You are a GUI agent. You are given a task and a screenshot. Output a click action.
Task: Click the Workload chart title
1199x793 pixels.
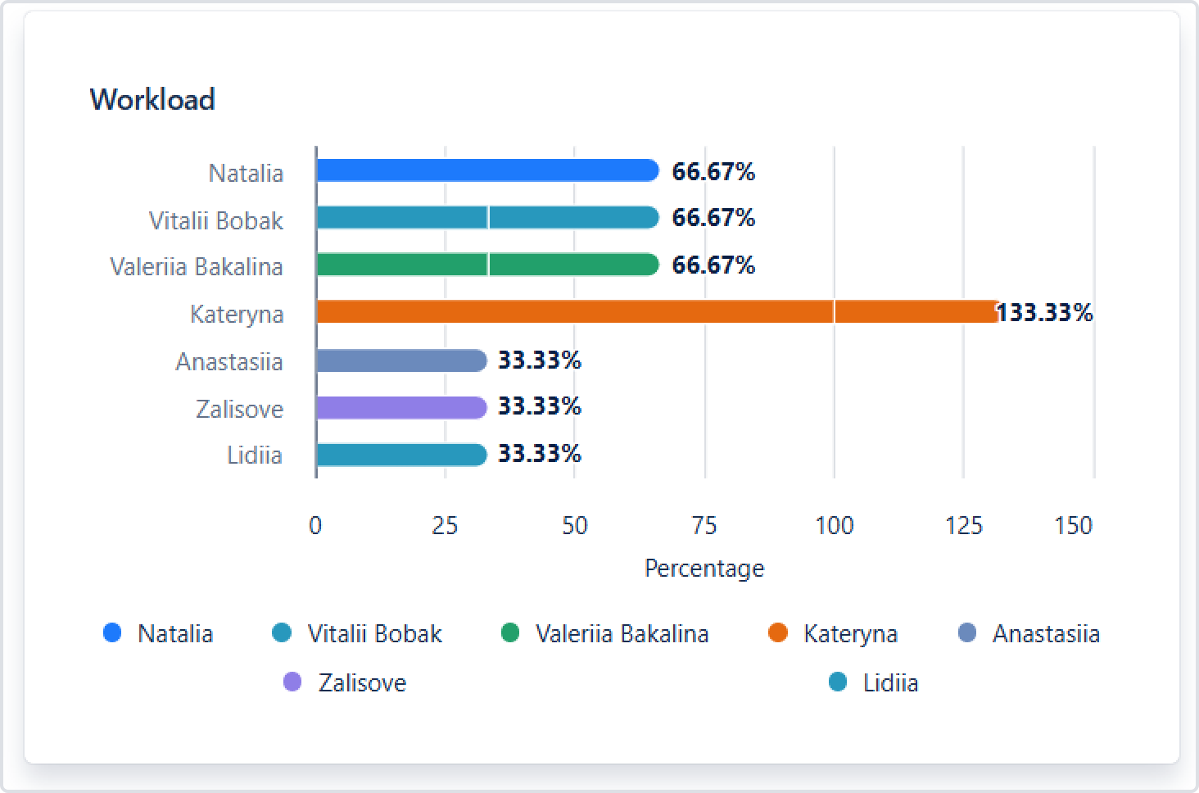pos(152,100)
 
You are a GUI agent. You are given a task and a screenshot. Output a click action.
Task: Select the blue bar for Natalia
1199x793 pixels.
pos(486,170)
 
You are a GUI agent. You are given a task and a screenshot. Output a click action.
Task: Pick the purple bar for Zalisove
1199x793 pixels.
pos(401,407)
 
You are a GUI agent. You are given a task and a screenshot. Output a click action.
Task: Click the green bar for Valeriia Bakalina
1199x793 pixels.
pos(486,265)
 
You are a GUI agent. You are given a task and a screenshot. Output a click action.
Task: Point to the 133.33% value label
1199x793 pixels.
pos(1045,313)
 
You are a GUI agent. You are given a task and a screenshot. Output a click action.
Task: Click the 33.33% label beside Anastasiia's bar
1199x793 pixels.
pos(540,360)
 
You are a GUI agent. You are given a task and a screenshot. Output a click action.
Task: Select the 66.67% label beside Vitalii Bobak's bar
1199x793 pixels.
pos(713,218)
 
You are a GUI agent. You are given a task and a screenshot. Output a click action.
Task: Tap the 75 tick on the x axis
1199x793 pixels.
pos(704,525)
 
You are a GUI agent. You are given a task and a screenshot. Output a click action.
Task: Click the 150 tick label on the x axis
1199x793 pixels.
pos(1074,525)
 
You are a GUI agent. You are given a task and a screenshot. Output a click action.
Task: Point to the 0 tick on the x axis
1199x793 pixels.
pos(315,525)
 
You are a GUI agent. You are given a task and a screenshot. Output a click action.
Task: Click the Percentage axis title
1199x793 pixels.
pos(704,569)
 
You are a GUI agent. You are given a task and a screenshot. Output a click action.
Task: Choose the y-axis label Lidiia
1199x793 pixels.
pos(255,455)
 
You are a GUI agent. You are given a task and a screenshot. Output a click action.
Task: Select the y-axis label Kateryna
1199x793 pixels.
pos(237,315)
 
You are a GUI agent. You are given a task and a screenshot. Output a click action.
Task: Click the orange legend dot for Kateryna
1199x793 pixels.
pos(778,633)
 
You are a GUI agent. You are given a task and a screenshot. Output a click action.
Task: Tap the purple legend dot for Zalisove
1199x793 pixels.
pos(292,682)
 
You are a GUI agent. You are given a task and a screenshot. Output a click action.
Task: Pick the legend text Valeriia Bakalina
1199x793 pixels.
pos(622,634)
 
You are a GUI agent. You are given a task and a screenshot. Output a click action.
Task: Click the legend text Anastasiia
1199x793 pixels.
pos(1046,634)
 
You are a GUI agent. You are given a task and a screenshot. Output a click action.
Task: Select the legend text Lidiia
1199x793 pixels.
pos(890,682)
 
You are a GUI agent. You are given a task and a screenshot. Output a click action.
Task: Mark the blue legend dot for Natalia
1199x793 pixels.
pos(112,633)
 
